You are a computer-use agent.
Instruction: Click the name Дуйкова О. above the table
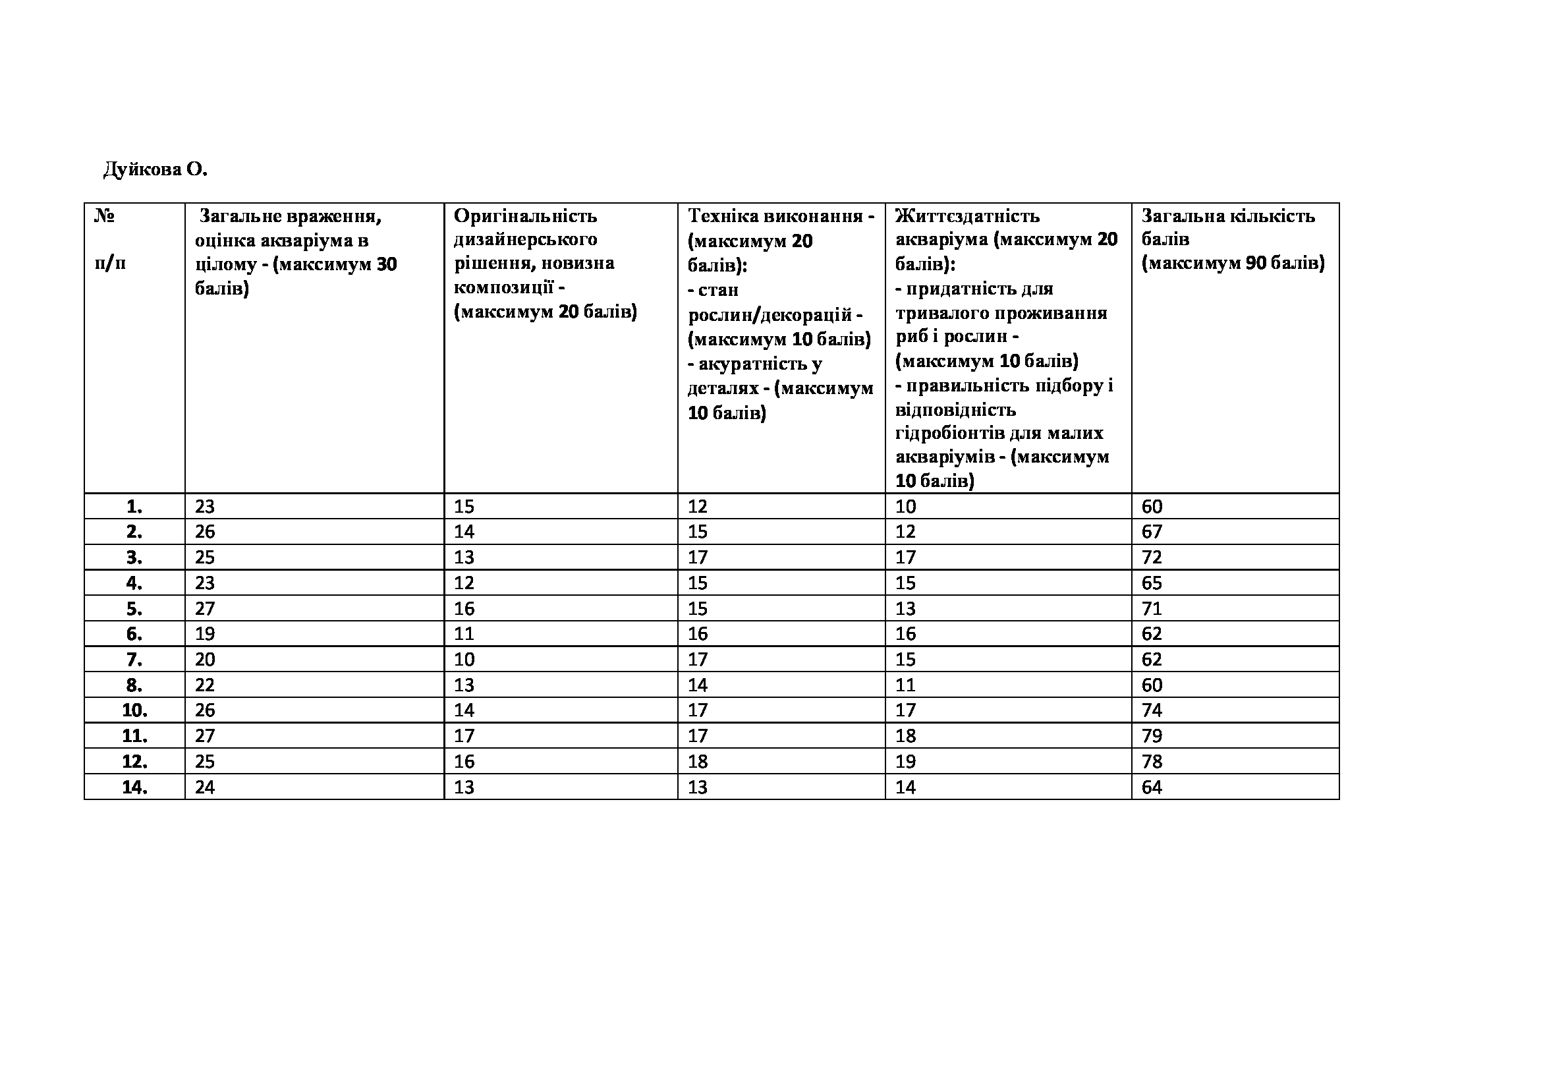(155, 170)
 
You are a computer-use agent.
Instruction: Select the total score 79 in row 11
(1152, 736)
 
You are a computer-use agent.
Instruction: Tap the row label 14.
(135, 788)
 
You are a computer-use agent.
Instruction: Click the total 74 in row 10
(1152, 711)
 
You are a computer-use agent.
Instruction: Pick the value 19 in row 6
(205, 634)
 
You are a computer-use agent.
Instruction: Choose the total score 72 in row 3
(1152, 558)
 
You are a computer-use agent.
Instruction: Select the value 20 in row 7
(205, 660)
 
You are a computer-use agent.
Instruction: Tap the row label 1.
(134, 507)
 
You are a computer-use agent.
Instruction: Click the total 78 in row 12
(1152, 762)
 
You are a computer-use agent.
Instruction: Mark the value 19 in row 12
(905, 762)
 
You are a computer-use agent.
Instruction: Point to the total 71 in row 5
(1152, 609)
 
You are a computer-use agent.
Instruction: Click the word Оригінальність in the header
(525, 216)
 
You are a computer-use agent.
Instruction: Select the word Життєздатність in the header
(967, 216)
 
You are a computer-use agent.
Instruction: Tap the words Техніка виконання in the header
(775, 216)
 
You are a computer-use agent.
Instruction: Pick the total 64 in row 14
(1152, 788)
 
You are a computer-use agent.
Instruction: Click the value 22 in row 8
(205, 685)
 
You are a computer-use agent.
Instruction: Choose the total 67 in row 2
(1152, 532)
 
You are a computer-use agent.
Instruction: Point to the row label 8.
(134, 685)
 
